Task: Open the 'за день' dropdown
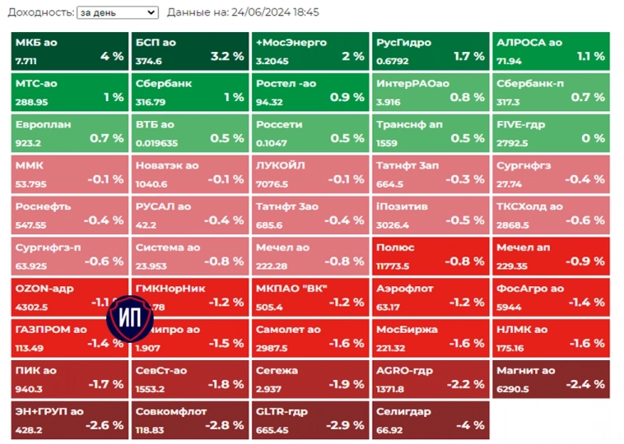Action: (x=116, y=12)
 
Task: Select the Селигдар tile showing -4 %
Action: (x=429, y=419)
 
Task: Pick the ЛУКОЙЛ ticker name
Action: (x=280, y=165)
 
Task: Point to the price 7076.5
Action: (x=272, y=184)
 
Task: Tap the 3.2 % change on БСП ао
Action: (x=226, y=56)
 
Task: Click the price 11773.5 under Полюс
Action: (x=393, y=266)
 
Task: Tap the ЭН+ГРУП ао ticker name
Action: (x=49, y=411)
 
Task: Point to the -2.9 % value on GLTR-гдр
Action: (x=346, y=425)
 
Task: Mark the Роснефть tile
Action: (x=69, y=215)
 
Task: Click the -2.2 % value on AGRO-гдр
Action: (x=466, y=384)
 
